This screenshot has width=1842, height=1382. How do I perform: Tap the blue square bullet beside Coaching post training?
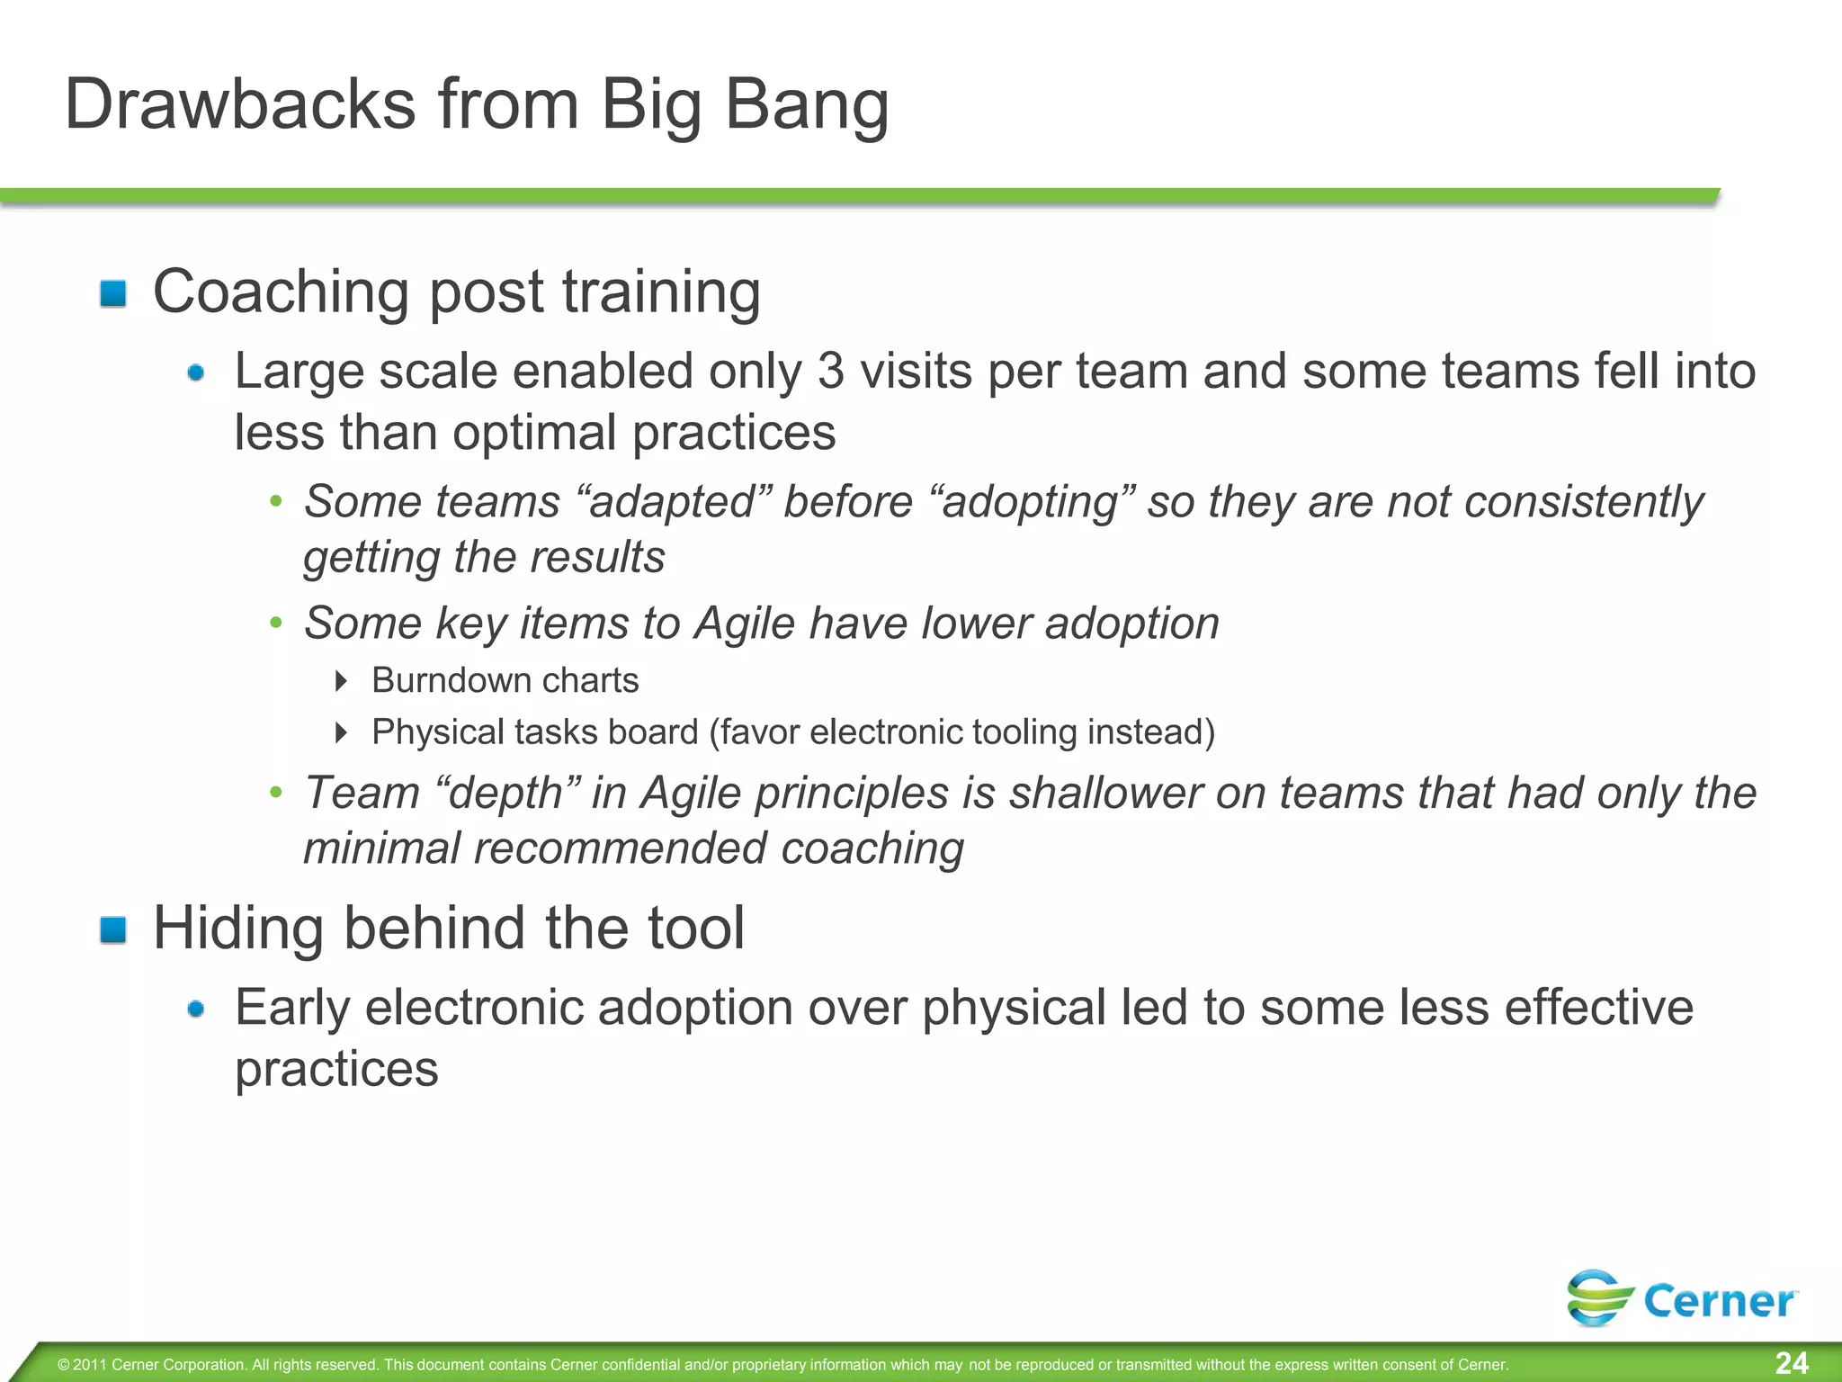113,293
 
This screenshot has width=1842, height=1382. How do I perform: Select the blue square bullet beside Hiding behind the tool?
113,929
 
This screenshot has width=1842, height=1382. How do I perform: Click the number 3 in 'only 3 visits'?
831,372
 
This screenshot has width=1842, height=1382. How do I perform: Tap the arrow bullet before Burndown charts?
341,681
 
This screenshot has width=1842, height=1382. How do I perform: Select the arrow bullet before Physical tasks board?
341,732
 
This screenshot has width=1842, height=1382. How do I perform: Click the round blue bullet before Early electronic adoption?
196,1010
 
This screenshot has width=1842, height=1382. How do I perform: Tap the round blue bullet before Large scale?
196,372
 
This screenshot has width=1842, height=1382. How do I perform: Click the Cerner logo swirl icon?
1600,1297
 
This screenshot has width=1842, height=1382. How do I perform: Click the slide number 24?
1791,1362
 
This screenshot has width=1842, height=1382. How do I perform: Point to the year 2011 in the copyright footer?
90,1365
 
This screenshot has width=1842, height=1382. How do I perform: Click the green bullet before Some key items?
276,623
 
